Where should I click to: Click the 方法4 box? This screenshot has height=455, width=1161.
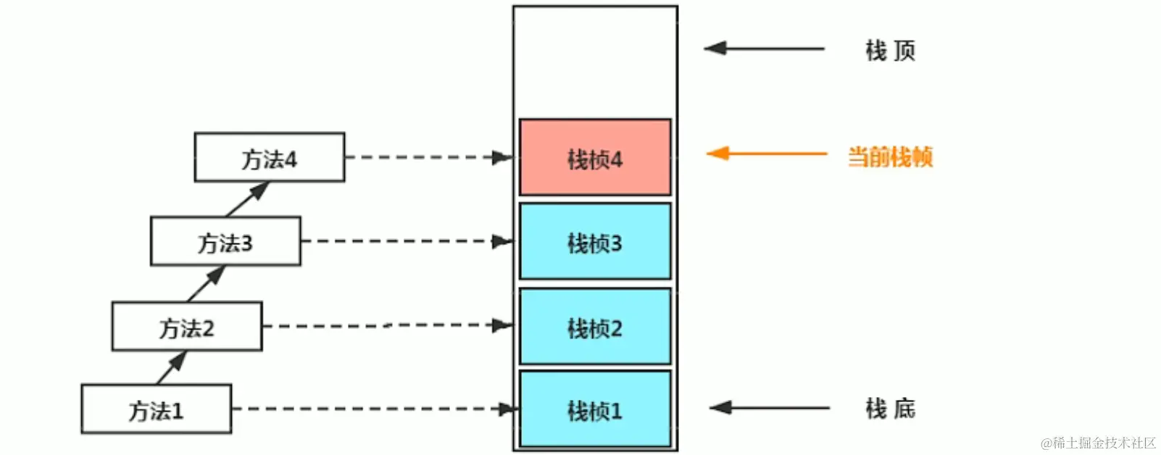pos(270,157)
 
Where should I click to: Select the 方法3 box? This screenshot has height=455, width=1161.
pos(225,241)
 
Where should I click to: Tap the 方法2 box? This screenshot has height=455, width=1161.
pos(187,327)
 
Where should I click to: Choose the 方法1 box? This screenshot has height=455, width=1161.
pos(157,409)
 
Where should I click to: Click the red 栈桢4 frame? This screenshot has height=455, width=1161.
pos(595,158)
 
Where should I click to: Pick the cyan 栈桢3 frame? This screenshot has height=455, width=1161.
pos(595,241)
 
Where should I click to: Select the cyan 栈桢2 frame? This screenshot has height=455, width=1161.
pos(595,326)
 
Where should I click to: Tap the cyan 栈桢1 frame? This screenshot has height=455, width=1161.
pos(595,409)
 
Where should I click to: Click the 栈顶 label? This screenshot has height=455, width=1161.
pos(890,50)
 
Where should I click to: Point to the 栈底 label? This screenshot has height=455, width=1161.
pos(890,409)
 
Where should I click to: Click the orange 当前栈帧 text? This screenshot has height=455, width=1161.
pos(890,156)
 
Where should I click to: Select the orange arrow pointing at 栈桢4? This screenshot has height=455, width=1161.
pos(766,154)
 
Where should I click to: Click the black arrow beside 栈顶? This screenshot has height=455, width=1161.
pos(764,49)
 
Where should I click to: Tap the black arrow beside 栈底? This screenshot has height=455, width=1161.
pos(769,408)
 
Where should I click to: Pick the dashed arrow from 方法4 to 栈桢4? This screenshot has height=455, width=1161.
pos(428,157)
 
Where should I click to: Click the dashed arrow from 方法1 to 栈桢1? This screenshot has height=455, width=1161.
pos(373,409)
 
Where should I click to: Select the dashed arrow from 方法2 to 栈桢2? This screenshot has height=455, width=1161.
pos(388,326)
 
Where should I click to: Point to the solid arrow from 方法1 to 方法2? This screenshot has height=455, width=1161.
pos(172,367)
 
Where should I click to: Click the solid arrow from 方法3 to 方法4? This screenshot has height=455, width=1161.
pos(248,199)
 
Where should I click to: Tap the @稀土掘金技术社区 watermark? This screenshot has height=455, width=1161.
pos(1098,443)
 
